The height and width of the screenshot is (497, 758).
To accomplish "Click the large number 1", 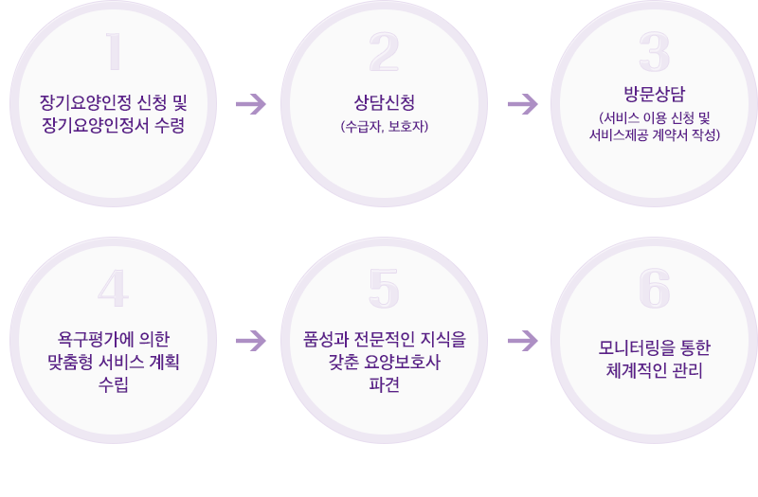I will [x=114, y=53].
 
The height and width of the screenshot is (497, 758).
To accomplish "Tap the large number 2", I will [x=384, y=53].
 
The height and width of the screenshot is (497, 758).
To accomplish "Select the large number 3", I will [x=654, y=53].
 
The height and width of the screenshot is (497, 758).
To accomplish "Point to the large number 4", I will [x=113, y=290].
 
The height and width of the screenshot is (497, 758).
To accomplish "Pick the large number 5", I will [x=384, y=290].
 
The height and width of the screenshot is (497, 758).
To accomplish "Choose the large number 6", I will [x=654, y=290].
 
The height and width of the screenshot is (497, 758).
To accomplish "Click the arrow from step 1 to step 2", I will [x=250, y=103].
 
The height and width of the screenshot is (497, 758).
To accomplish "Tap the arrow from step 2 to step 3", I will [x=522, y=103].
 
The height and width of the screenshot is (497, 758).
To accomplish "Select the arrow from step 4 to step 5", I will [x=250, y=340].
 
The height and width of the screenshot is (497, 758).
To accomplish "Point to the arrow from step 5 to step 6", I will [x=522, y=340].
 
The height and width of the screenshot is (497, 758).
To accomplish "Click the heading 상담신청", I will [x=384, y=101].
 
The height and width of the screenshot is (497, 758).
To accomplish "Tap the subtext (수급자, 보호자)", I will [x=384, y=124].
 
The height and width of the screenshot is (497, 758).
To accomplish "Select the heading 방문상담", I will [x=654, y=94].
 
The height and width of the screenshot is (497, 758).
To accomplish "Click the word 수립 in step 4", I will [x=114, y=384].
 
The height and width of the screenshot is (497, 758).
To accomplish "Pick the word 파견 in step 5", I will [x=384, y=384].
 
